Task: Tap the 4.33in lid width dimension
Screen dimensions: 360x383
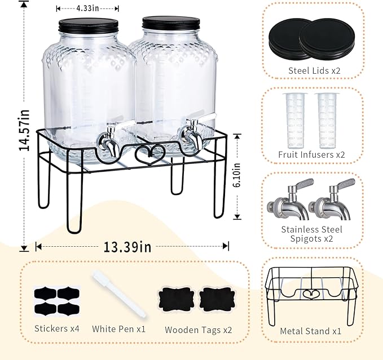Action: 87,8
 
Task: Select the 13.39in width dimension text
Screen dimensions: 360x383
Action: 128,247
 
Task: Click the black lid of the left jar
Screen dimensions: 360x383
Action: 89,25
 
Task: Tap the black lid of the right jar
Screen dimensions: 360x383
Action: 171,23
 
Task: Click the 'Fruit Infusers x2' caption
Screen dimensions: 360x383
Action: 312,154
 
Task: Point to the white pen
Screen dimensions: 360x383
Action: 118,294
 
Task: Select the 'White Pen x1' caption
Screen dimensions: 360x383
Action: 118,328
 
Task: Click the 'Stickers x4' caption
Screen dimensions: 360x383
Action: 56,328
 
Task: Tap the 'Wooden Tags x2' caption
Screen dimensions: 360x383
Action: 198,330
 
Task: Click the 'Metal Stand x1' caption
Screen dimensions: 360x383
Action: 310,331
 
